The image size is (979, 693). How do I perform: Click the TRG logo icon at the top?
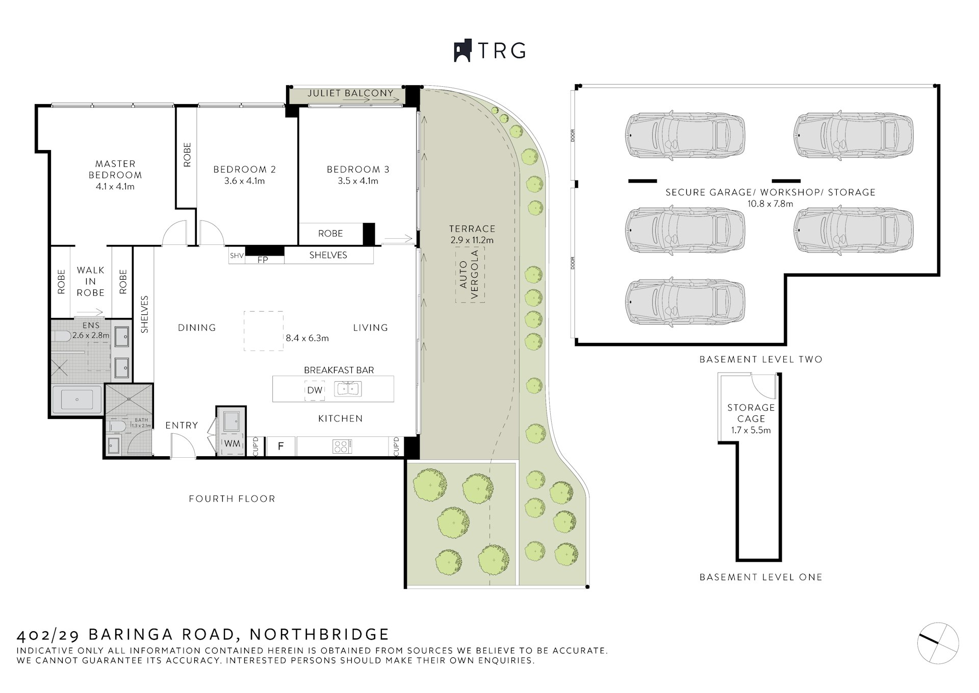pos(462,51)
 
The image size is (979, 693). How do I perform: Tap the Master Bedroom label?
pos(115,169)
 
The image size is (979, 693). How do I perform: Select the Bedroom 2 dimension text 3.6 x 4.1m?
pos(244,181)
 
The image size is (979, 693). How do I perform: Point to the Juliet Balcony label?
pos(350,93)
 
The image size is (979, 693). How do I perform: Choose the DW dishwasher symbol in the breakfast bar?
pos(315,390)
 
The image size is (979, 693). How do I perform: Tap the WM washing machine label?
pos(232,443)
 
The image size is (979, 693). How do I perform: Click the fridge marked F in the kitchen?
pos(280,447)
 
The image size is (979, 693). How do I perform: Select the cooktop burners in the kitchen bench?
pos(341,447)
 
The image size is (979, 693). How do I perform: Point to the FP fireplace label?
pos(263,260)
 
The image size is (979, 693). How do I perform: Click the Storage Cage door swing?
pos(763,385)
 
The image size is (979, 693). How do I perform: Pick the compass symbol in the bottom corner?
pos(938,643)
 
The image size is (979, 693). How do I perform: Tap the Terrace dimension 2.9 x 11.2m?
pos(472,240)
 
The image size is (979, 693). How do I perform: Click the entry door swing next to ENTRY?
pos(182,445)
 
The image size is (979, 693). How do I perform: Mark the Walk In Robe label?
pos(91,281)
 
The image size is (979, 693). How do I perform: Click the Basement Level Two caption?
pos(761,359)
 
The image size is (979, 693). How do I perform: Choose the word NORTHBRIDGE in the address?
pos(320,634)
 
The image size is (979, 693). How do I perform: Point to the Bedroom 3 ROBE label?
pos(330,233)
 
